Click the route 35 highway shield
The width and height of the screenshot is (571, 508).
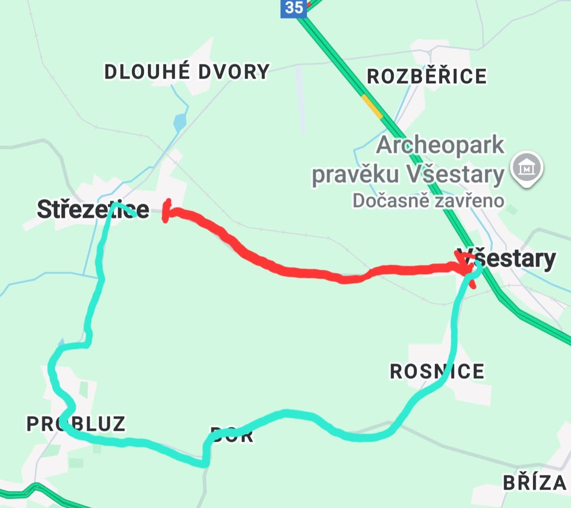pyautogui.click(x=293, y=8)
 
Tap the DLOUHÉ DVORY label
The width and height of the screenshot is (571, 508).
pyautogui.click(x=186, y=72)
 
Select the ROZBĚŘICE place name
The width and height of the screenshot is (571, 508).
pyautogui.click(x=426, y=76)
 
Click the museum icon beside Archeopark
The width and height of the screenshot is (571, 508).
pyautogui.click(x=527, y=168)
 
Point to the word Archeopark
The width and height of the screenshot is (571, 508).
pyautogui.click(x=440, y=145)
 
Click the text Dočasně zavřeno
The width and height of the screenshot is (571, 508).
pyautogui.click(x=428, y=201)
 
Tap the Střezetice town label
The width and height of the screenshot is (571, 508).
pyautogui.click(x=93, y=209)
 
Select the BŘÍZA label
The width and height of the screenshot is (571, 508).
pyautogui.click(x=535, y=483)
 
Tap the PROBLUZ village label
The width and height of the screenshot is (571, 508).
pyautogui.click(x=76, y=424)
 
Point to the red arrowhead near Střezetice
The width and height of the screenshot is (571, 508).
pyautogui.click(x=167, y=211)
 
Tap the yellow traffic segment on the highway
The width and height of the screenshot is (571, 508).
pyautogui.click(x=372, y=106)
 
